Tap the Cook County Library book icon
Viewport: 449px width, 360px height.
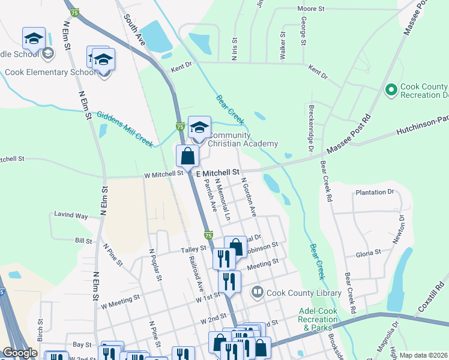click(258, 292)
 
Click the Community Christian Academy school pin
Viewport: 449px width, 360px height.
click(199, 127)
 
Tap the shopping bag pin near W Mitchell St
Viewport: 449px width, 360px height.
click(188, 155)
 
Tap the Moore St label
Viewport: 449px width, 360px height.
click(311, 9)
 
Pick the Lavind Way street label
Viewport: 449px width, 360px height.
click(71, 215)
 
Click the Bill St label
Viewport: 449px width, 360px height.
click(83, 241)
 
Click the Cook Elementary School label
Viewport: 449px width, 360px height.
click(50, 73)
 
